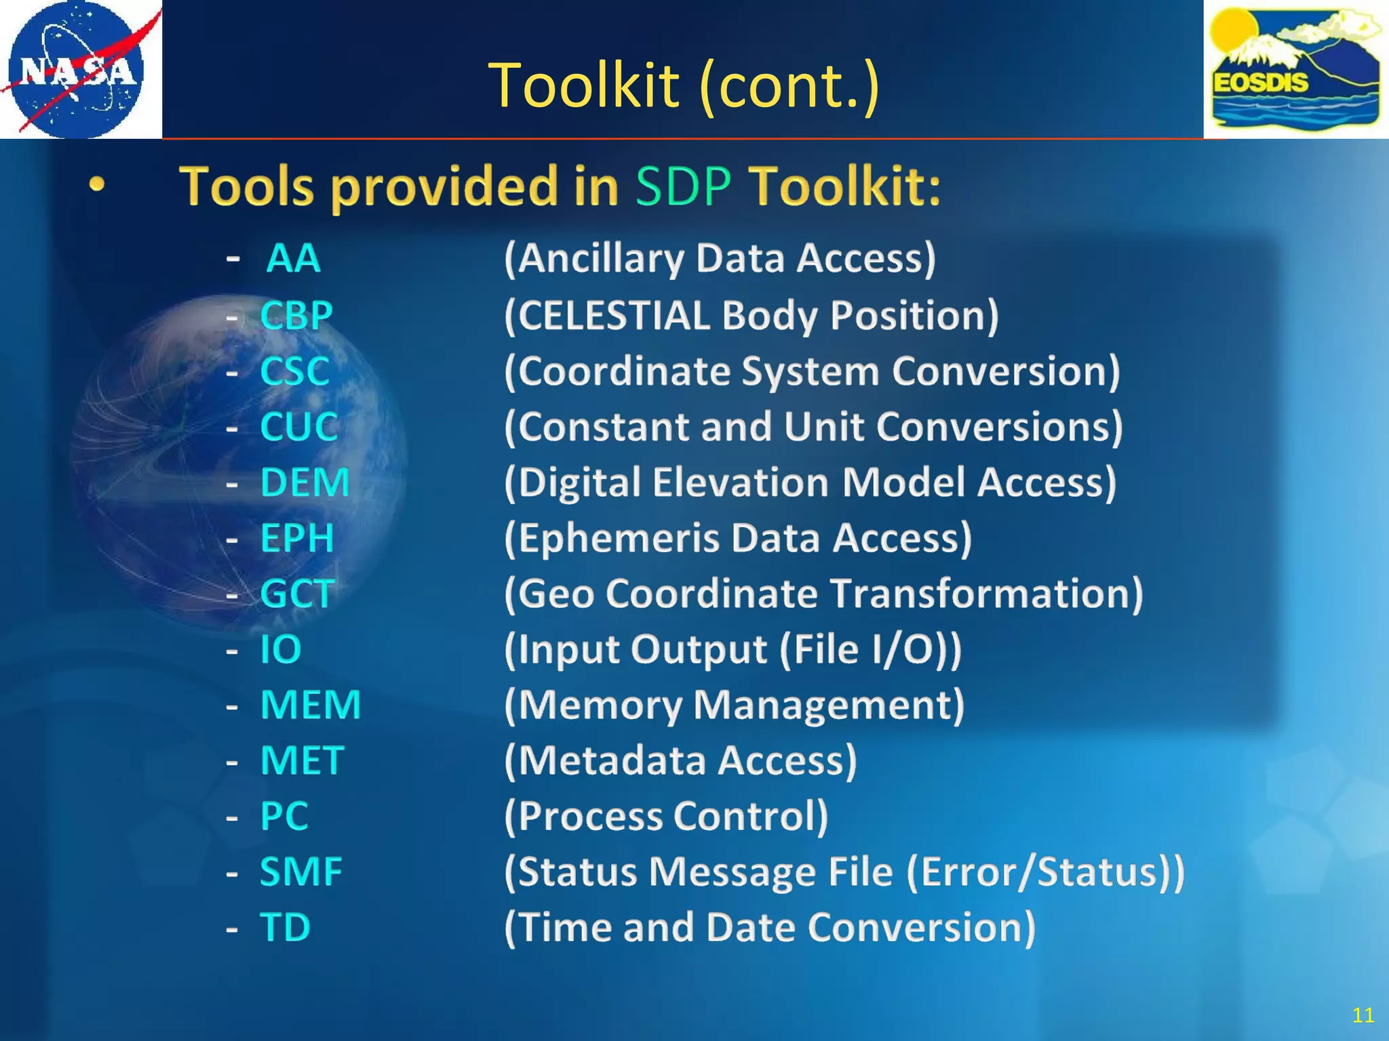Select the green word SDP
click(x=684, y=186)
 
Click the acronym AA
click(x=293, y=259)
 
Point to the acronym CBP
click(x=296, y=316)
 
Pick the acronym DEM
click(x=305, y=483)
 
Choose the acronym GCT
click(x=297, y=594)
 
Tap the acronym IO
click(x=281, y=649)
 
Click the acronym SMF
click(x=301, y=872)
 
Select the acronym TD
click(x=286, y=927)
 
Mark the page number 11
click(x=1363, y=1015)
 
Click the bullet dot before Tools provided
click(x=98, y=184)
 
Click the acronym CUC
click(x=299, y=427)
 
